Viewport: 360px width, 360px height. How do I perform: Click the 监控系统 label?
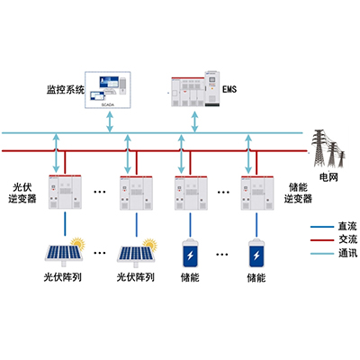tap(65, 90)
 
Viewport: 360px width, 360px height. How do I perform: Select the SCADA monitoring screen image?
tap(111, 87)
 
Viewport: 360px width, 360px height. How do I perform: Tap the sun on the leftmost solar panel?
tap(78, 243)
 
